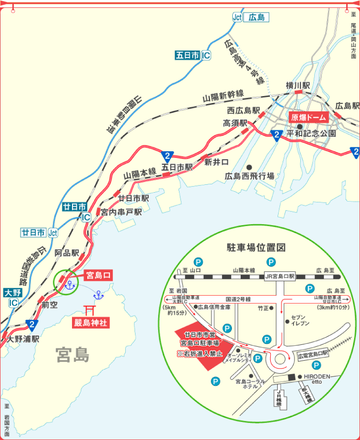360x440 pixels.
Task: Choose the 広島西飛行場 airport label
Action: point(250,176)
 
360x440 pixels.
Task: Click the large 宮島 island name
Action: point(72,354)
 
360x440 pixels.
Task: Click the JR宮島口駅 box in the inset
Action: point(280,276)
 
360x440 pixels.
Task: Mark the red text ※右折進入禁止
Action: point(201,353)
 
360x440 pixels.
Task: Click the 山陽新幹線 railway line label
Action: point(223,96)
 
